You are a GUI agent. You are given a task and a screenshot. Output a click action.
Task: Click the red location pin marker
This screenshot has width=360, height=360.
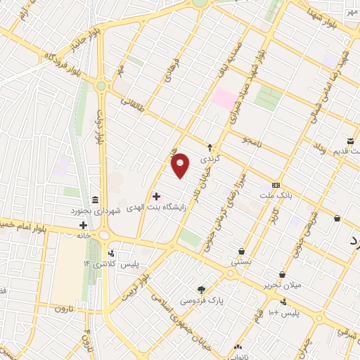tap(181, 166)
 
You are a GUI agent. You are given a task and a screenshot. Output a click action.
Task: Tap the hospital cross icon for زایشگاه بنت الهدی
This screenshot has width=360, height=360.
tap(156, 196)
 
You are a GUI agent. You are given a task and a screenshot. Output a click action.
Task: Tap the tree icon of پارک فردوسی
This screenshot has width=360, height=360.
tap(202, 290)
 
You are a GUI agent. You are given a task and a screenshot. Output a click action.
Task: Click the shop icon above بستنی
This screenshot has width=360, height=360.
tap(241, 251)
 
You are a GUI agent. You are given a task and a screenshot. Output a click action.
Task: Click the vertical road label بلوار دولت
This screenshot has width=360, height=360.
tap(101, 127)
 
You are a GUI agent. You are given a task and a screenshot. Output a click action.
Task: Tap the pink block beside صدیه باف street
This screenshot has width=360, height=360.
tap(224, 98)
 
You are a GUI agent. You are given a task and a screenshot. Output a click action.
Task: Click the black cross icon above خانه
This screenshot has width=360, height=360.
tap(84, 226)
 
